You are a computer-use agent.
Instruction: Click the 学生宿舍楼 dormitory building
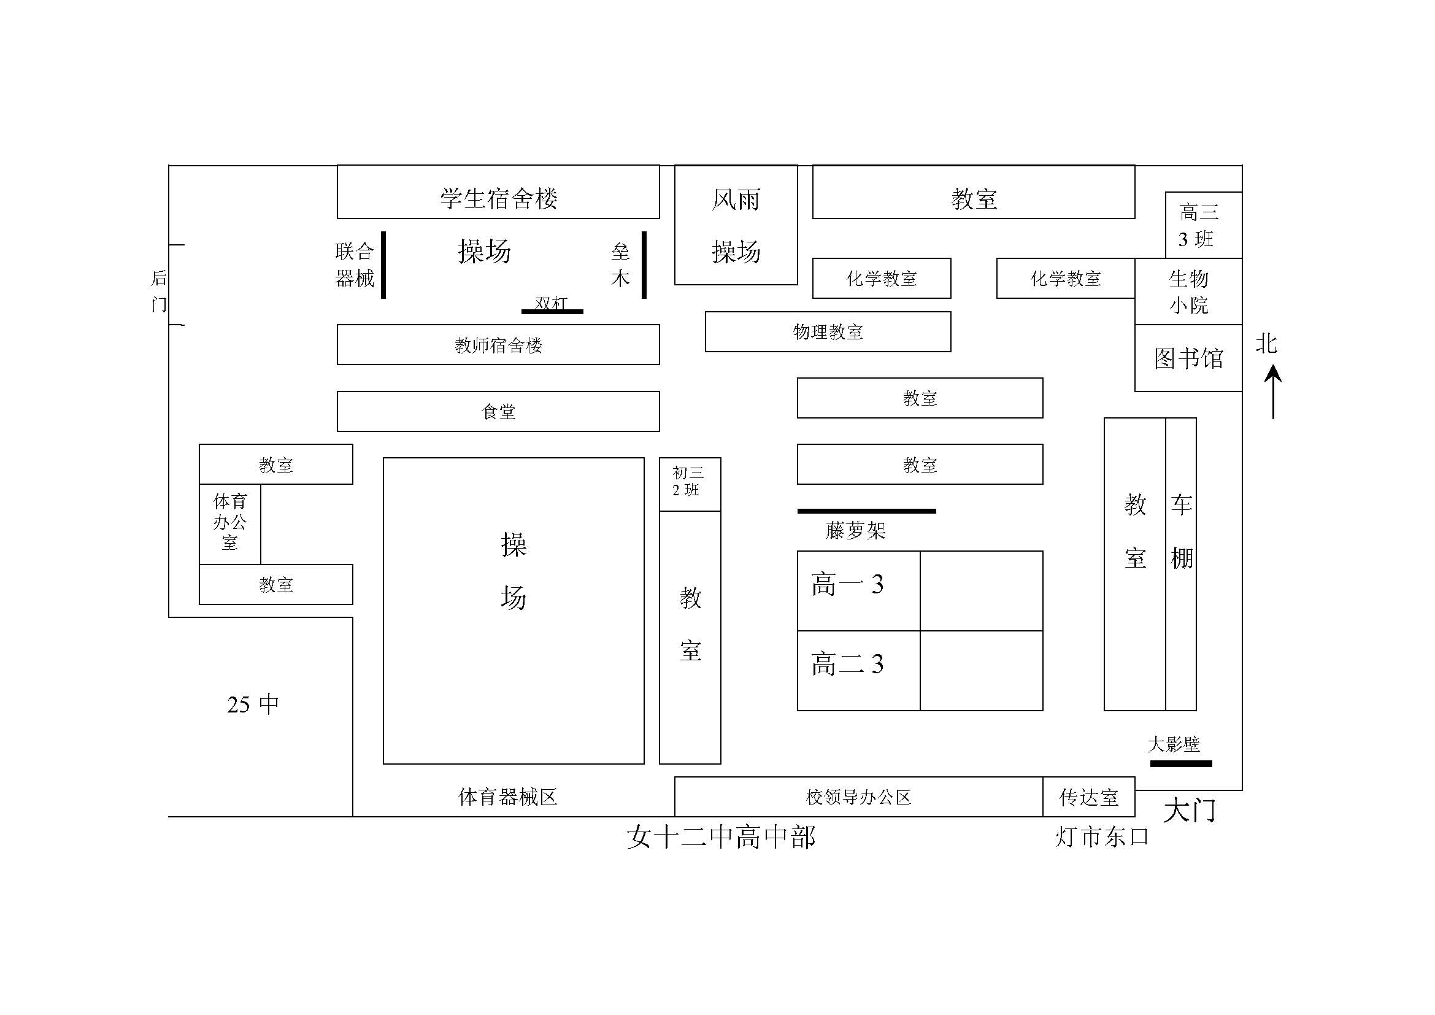[498, 193]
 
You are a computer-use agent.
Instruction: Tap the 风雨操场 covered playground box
[736, 225]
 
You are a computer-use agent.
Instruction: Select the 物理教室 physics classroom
[828, 332]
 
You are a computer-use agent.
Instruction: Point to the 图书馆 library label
[1188, 359]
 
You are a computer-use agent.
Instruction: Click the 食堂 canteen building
[498, 411]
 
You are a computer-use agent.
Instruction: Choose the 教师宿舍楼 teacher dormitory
[498, 344]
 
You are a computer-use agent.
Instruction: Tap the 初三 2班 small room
[690, 484]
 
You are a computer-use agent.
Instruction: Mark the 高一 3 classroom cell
[858, 590]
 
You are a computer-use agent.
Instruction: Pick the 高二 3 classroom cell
[858, 670]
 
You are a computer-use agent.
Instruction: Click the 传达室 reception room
[1088, 797]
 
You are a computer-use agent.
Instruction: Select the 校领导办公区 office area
[858, 797]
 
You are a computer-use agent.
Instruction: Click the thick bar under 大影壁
[1180, 763]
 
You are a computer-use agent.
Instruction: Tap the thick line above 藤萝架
[866, 511]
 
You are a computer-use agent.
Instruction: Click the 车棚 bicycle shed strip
[1180, 564]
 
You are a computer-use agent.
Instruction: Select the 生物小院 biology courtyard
[1188, 291]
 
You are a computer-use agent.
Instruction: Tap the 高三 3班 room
[1203, 225]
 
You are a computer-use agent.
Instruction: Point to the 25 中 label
[253, 704]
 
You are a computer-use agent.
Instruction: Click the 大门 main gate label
[1189, 811]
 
